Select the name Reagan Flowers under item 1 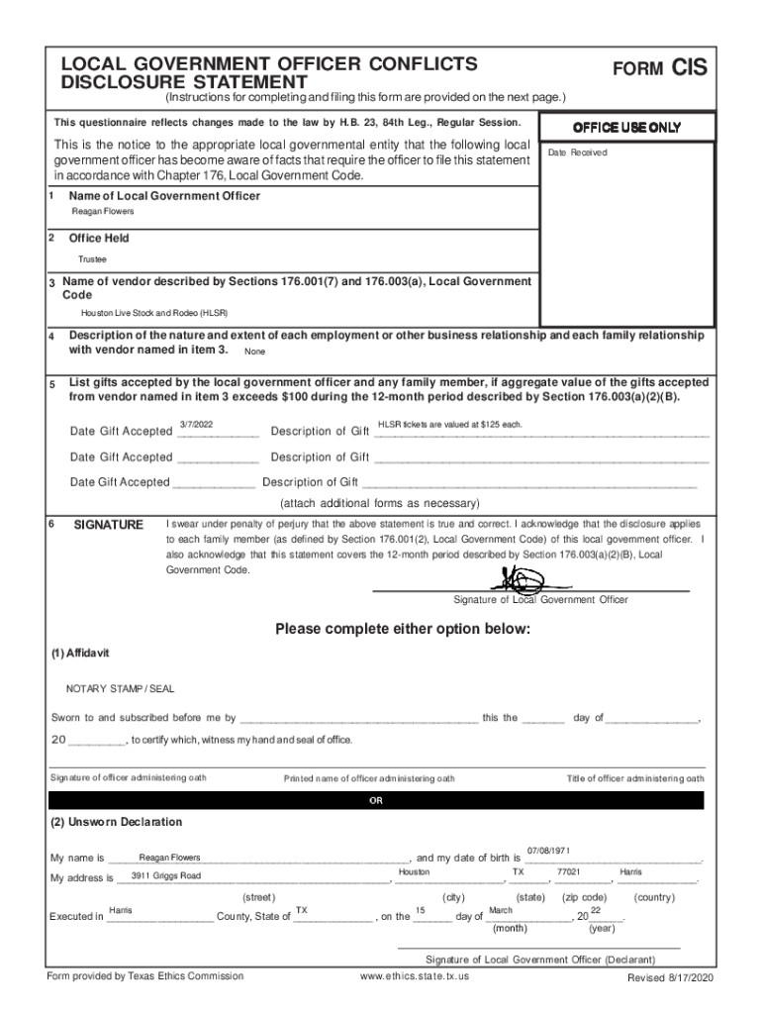[103, 212]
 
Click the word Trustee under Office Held [93, 259]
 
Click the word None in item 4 [254, 352]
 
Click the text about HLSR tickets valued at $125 [450, 424]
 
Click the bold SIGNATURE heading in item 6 [109, 525]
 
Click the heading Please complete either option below [403, 630]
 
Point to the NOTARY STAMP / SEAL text [120, 688]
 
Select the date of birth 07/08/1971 [548, 851]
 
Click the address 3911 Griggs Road [166, 876]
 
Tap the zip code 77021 [568, 872]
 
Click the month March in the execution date [501, 910]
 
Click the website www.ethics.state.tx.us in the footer [415, 976]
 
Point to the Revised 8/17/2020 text [670, 978]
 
